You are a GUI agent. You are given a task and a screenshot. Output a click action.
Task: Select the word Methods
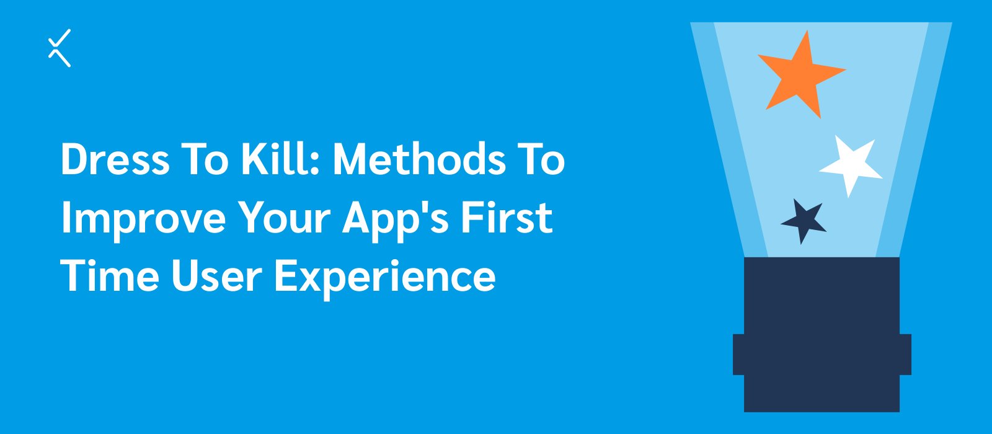419,158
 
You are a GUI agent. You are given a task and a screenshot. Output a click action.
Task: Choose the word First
507,217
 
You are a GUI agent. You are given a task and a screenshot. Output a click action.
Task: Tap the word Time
110,275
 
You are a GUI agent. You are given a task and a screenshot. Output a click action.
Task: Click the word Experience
384,278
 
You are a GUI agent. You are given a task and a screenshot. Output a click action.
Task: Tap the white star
851,166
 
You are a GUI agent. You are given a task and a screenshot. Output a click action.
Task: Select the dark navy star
804,221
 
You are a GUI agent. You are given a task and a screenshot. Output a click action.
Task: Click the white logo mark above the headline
60,48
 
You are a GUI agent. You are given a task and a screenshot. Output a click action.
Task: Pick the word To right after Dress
205,159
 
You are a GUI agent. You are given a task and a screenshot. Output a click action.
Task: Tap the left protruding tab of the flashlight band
738,355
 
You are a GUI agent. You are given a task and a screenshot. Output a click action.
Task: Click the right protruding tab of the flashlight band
906,355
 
